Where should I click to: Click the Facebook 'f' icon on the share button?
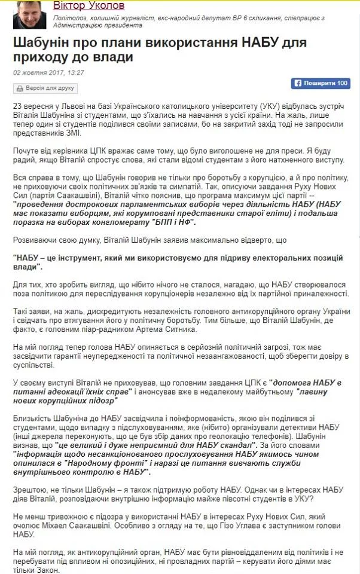point(297,83)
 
